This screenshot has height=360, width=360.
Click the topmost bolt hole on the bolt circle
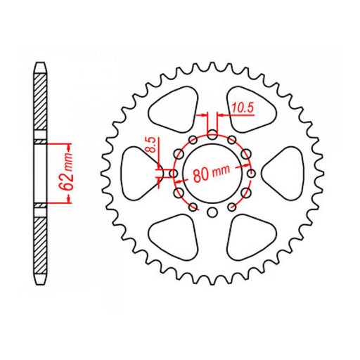click(x=213, y=135)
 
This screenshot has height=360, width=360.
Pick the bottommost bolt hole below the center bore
click(x=213, y=212)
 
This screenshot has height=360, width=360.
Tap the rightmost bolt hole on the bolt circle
click(x=251, y=173)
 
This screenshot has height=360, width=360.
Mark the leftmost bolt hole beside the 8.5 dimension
click(x=174, y=173)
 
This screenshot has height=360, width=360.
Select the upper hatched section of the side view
click(x=41, y=105)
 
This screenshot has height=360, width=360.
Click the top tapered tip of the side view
click(x=41, y=67)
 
